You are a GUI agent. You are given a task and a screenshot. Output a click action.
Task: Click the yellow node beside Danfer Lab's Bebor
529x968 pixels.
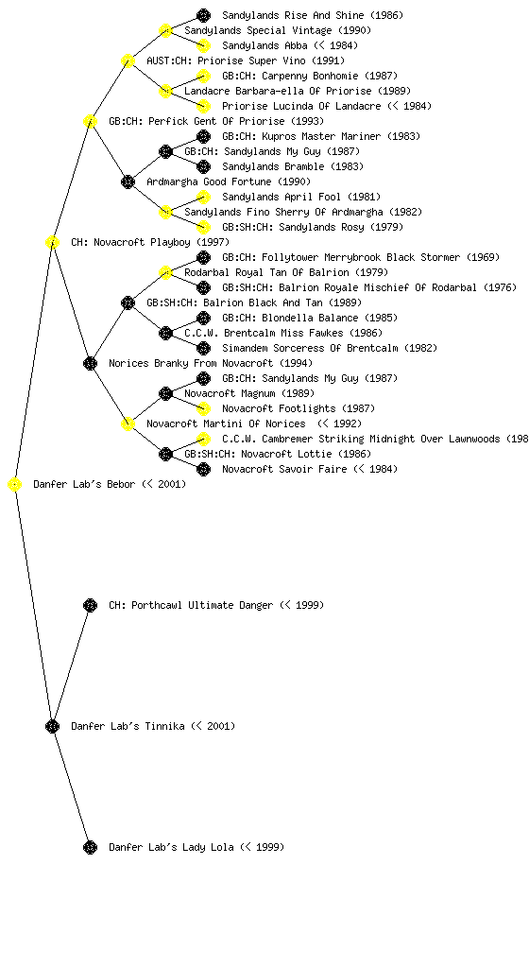14,485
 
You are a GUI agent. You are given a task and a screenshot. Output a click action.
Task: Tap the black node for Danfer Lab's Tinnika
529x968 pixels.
52,727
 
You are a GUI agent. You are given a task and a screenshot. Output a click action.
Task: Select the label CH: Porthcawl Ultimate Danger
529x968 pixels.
216,605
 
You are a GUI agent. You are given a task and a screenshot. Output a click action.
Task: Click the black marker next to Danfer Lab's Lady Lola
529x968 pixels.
90,847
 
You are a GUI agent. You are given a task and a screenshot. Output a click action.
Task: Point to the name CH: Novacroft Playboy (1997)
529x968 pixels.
150,242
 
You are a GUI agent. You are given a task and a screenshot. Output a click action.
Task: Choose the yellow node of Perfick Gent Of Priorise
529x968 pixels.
90,121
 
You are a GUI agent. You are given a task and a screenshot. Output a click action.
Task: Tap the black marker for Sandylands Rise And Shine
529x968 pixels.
203,15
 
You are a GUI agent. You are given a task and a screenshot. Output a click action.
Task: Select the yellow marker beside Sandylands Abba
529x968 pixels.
203,45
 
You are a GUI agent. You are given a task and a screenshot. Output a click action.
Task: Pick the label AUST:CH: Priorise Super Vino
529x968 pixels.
246,60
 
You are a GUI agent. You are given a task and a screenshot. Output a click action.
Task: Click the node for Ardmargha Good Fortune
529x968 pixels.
128,181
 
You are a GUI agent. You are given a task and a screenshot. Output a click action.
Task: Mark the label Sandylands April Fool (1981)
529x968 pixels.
301,197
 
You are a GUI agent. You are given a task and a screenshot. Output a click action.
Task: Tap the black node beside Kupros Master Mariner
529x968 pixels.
203,136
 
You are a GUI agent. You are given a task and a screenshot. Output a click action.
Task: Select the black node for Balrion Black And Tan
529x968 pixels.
128,302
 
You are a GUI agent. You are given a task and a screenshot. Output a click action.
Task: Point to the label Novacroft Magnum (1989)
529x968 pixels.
249,393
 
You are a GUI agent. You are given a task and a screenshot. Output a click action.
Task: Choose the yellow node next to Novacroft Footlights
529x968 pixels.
203,408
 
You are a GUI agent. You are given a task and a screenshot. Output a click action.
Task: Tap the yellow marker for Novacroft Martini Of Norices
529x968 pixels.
128,423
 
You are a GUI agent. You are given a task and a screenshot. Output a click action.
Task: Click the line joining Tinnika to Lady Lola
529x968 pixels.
72,786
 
